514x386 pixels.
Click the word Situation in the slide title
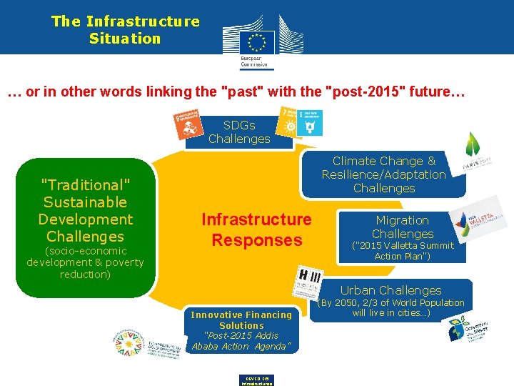tap(125, 39)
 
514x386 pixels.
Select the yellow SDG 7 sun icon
tap(289, 122)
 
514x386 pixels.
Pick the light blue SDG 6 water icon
tap(310, 123)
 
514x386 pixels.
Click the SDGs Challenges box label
tap(239, 132)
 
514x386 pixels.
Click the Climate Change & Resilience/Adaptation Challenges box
tap(383, 175)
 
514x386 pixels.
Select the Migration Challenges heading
tap(402, 227)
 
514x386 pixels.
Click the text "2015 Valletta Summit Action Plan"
tap(403, 251)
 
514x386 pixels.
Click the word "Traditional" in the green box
tap(85, 185)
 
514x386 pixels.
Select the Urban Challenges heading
tap(390, 290)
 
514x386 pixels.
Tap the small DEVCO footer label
tap(257, 380)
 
